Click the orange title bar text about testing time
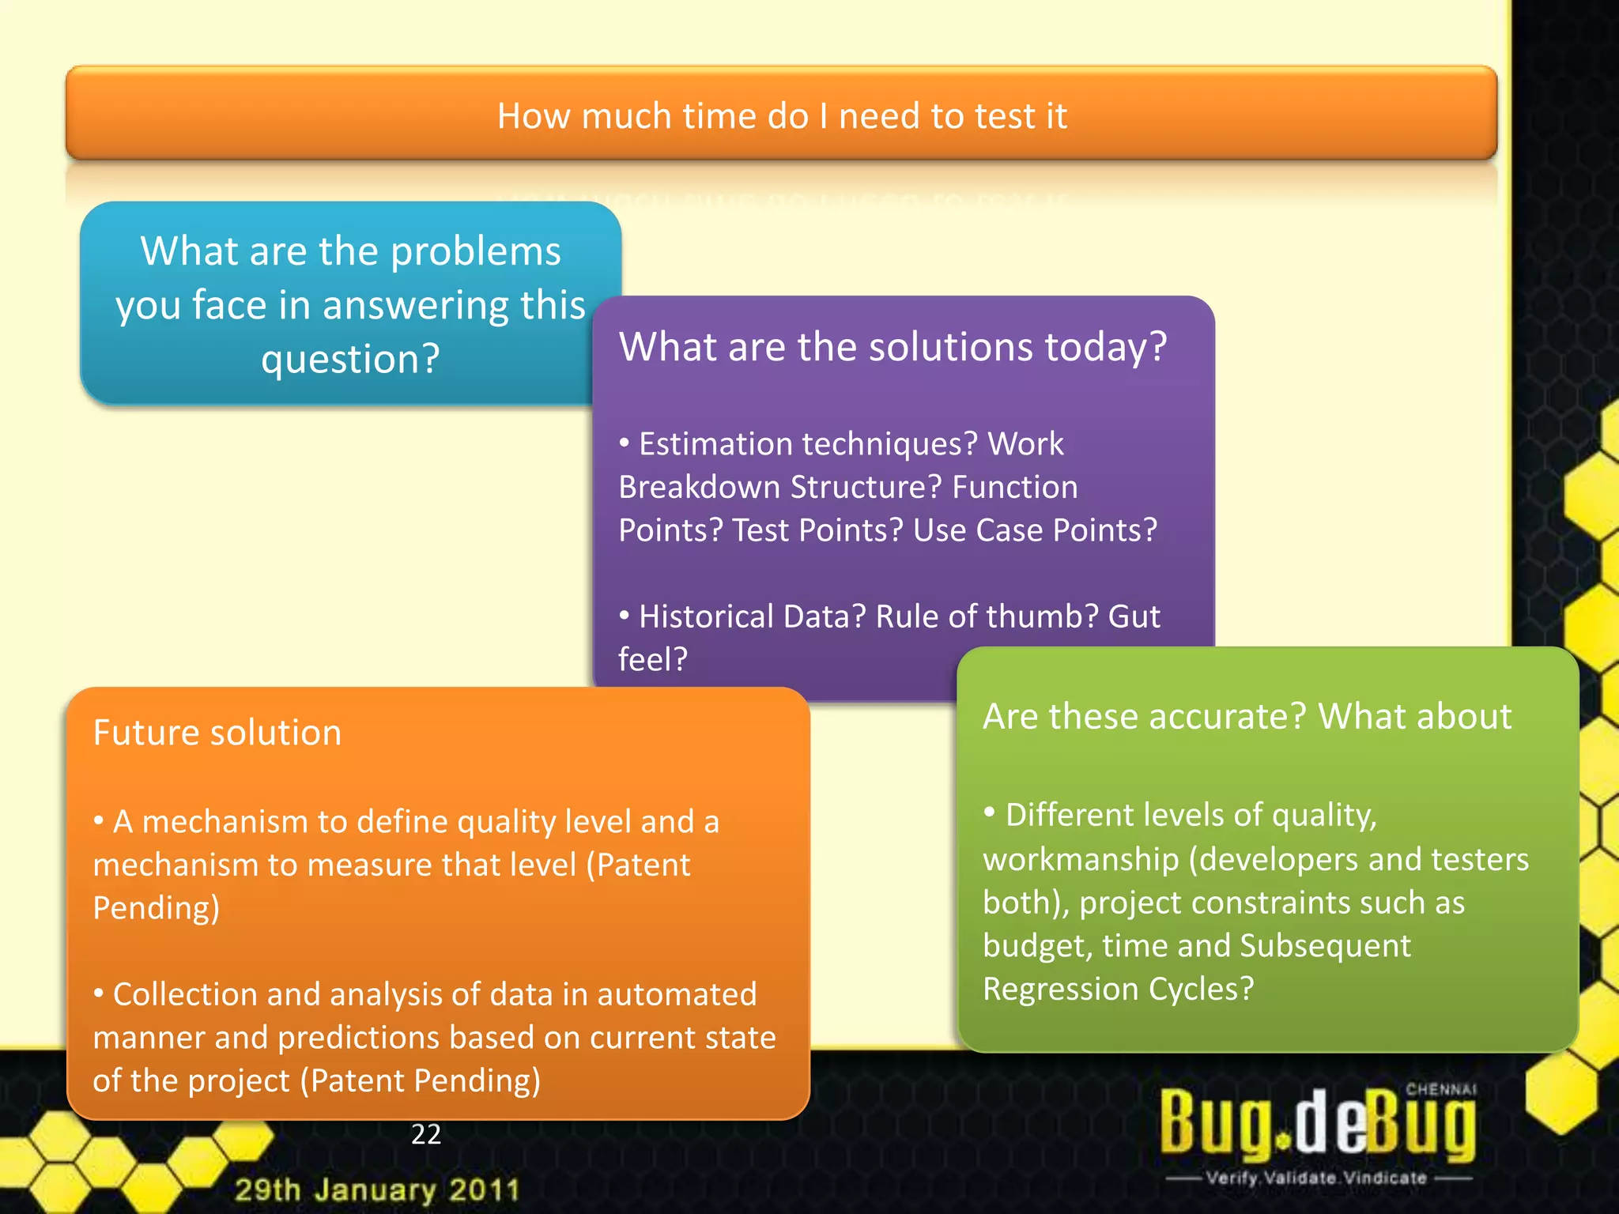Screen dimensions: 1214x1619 tap(782, 116)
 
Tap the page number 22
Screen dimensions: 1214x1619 tap(426, 1134)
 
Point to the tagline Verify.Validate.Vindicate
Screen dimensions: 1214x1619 tap(1316, 1178)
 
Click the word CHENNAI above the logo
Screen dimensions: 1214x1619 tap(1440, 1089)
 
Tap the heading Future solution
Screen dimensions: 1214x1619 tap(217, 733)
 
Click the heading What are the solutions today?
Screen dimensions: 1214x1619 tap(893, 347)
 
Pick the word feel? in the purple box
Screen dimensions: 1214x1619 tap(653, 659)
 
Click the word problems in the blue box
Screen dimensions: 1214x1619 tap(475, 252)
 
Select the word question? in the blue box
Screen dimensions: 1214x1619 tap(350, 359)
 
